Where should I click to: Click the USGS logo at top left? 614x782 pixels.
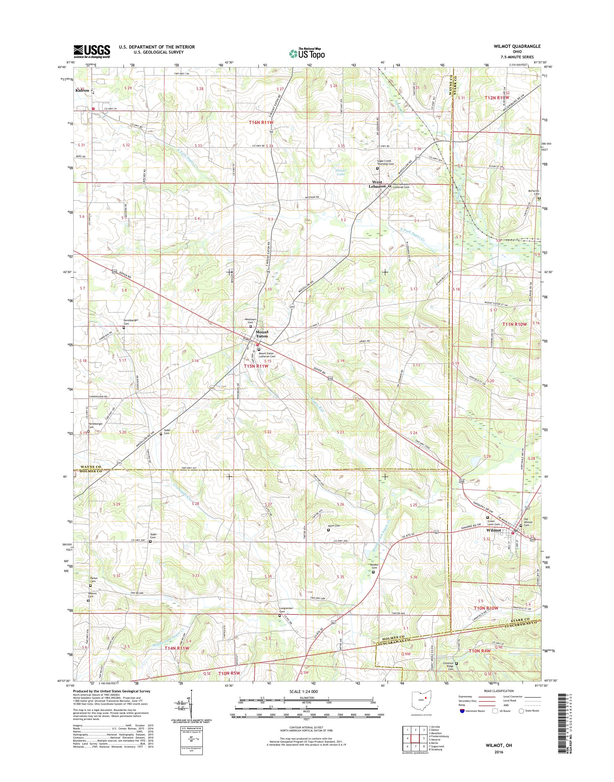coord(92,51)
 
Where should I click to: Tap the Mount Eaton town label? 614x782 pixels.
coord(262,334)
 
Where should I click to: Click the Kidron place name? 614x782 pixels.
coord(82,91)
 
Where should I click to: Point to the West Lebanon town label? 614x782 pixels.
coord(377,184)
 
